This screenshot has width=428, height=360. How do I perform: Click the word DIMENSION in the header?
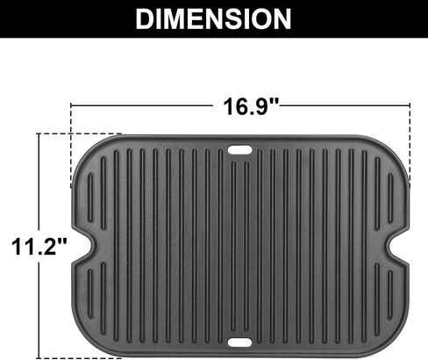(x=213, y=18)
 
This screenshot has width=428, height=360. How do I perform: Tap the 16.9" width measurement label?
(x=252, y=106)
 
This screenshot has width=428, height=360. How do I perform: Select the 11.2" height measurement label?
(x=39, y=246)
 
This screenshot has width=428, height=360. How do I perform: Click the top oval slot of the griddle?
(x=239, y=150)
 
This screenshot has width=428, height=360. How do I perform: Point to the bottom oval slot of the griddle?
(x=239, y=342)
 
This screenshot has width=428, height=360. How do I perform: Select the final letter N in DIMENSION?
(x=282, y=18)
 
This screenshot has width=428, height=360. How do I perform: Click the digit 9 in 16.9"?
(x=260, y=106)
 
